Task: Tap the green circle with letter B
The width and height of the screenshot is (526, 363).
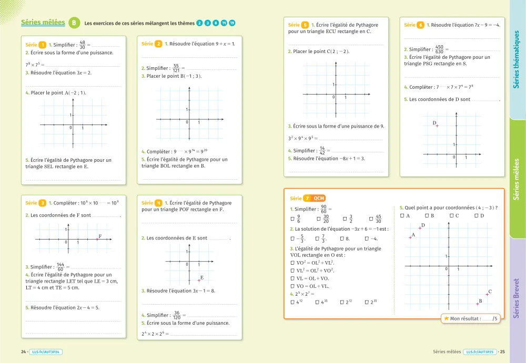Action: [75, 23]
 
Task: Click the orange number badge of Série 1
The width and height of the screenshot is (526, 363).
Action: [42, 45]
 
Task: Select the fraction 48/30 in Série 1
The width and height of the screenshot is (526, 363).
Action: [82, 45]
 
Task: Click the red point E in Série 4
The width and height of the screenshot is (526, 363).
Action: [199, 281]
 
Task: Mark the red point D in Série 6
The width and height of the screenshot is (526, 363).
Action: [437, 126]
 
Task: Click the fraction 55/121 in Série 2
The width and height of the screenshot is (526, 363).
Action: [177, 68]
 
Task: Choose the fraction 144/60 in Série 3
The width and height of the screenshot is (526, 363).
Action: [60, 267]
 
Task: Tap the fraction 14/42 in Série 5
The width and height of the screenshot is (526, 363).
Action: [322, 151]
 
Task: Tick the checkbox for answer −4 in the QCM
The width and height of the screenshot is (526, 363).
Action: [367, 238]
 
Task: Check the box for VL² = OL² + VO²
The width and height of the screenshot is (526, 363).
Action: [292, 271]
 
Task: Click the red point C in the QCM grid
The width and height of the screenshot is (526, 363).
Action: [487, 295]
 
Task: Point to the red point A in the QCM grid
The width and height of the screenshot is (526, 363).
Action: [410, 238]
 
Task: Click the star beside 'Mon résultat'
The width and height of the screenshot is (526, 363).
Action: [446, 318]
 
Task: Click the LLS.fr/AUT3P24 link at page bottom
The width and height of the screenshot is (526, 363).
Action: [46, 351]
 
